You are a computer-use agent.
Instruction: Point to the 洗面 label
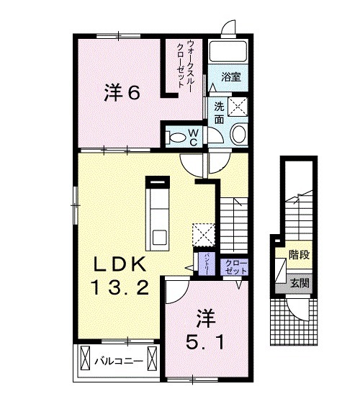pos(218,113)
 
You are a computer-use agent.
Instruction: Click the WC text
pos(193,136)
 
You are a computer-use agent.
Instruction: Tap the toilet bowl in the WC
pos(175,136)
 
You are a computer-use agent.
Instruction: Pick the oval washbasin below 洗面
pos(238,134)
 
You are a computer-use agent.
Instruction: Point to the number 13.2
pos(120,289)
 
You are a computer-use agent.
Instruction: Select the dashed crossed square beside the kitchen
pos(204,234)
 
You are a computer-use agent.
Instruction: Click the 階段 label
pos(299,254)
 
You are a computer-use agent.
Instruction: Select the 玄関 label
pos(300,283)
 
